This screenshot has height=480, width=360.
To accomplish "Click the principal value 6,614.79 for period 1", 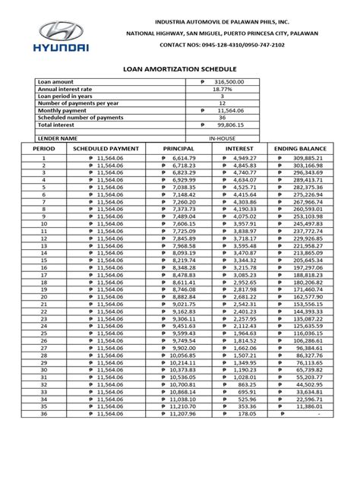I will tap(184, 158).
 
